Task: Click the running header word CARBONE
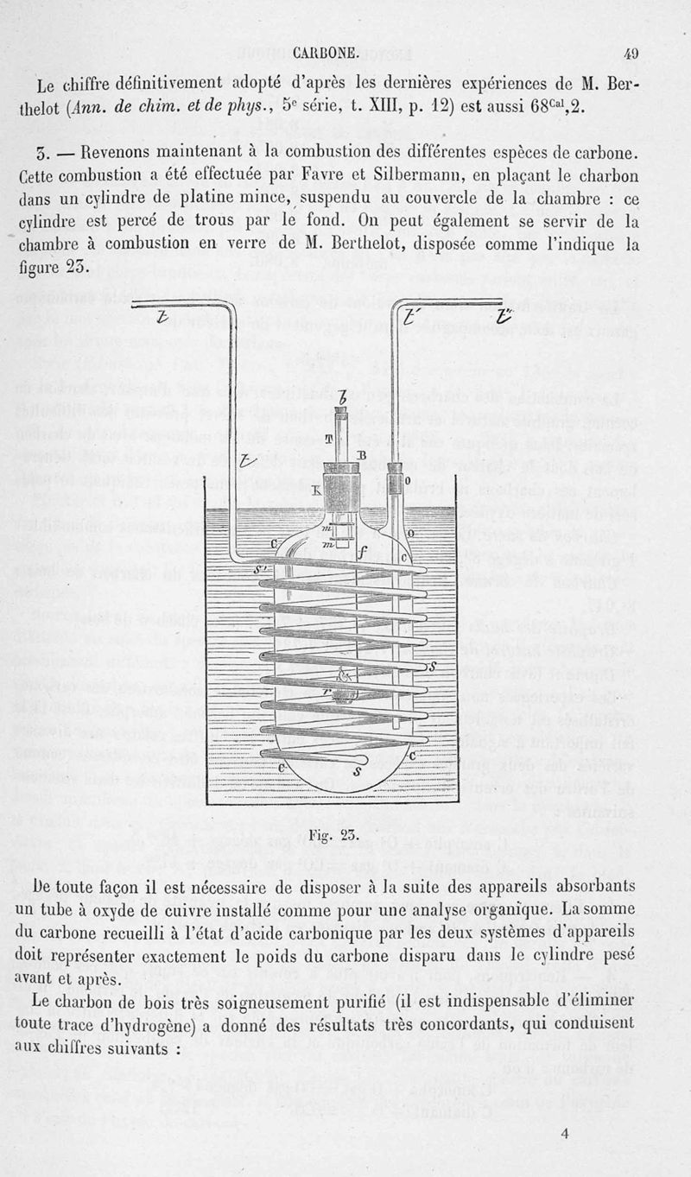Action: tap(326, 51)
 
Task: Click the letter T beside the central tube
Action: tap(329, 440)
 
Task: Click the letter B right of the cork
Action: tap(362, 455)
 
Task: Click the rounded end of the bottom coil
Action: tap(361, 758)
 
